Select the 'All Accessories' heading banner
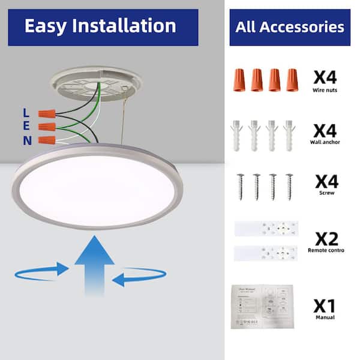[x=290, y=27]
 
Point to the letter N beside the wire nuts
[x=27, y=141]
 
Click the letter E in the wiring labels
[x=25, y=127]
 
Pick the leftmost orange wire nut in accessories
[x=238, y=79]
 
